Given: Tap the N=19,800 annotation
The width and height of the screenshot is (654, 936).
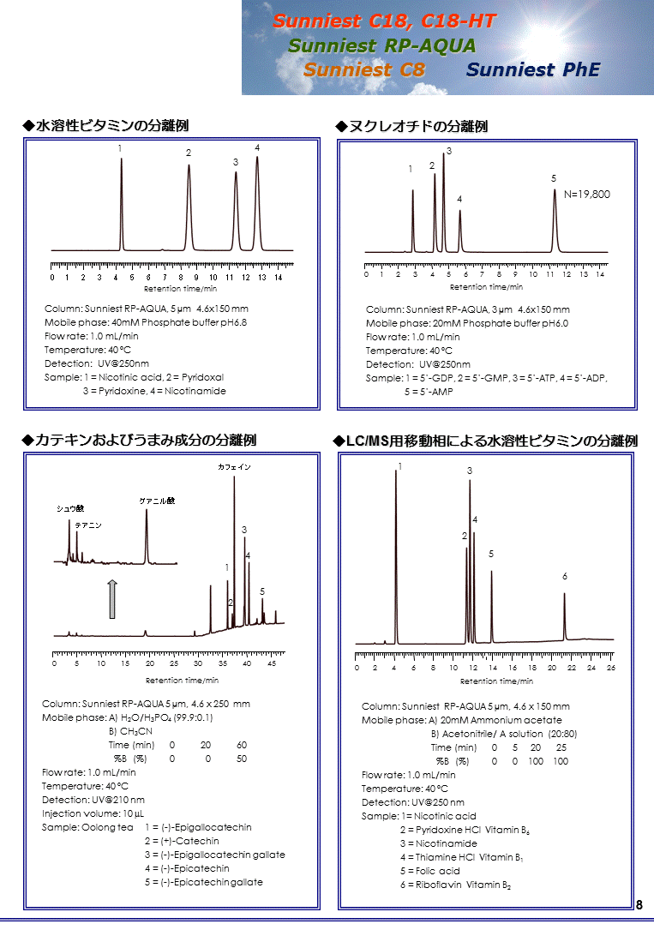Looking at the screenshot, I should click(587, 195).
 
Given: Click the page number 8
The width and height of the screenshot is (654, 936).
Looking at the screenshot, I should click(639, 905).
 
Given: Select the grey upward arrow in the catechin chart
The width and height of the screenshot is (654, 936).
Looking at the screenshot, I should click(111, 598).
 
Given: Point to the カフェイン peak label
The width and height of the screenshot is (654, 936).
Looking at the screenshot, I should click(234, 467).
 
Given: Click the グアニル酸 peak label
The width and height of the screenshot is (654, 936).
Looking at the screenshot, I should click(157, 501).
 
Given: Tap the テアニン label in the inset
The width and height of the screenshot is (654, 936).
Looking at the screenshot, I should click(88, 525).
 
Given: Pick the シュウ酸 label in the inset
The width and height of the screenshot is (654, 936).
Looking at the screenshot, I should click(70, 508).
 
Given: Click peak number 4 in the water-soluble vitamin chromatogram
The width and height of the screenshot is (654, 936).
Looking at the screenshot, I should click(257, 148).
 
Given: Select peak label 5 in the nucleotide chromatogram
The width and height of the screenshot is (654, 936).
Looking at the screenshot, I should click(554, 178).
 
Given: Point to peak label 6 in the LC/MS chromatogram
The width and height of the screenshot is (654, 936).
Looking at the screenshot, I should click(565, 577).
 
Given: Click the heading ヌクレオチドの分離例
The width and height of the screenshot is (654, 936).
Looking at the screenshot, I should click(417, 127).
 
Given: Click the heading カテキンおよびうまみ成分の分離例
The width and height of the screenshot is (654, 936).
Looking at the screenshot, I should click(146, 440).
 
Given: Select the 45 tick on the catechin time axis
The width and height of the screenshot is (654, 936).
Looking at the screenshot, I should click(271, 663).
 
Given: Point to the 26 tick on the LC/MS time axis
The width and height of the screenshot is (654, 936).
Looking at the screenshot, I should click(610, 667).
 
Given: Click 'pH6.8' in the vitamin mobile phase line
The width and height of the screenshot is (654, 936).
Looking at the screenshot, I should click(231, 322).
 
